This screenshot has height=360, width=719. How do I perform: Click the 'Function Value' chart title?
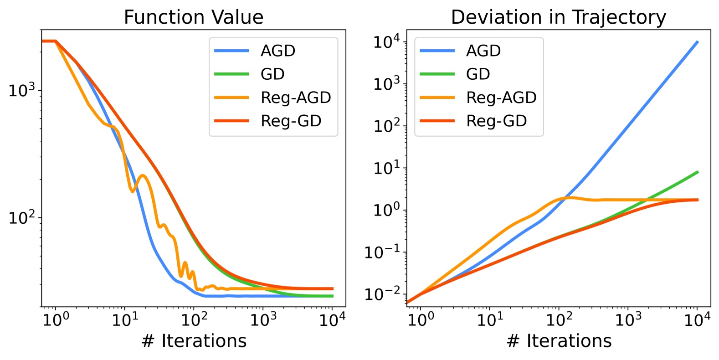193,17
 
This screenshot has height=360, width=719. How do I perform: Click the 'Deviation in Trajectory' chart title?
558,17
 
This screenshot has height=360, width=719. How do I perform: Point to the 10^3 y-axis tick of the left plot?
21,90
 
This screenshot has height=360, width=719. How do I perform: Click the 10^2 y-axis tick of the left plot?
21,217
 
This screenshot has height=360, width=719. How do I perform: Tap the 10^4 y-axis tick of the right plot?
386,42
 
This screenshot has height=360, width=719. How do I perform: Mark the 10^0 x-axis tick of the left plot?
56,320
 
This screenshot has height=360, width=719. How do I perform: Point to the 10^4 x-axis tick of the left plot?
332,320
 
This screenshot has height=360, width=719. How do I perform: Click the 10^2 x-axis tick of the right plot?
559,320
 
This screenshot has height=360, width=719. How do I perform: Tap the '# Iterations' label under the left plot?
194,341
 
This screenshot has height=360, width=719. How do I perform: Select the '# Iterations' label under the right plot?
559,341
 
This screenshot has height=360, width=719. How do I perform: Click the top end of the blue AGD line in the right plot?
697,42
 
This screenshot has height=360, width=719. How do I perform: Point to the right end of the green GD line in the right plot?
697,172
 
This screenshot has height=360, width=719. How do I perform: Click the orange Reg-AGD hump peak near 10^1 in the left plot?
143,175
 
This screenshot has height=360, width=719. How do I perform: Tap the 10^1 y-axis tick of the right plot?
386,168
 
